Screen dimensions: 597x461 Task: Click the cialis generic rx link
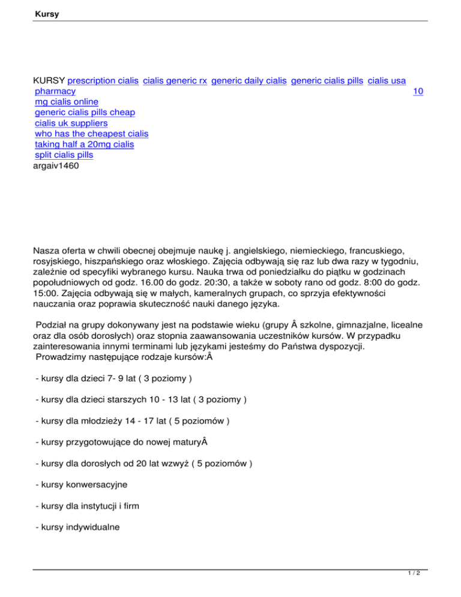(x=175, y=80)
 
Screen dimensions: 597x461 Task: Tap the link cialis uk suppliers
(x=71, y=123)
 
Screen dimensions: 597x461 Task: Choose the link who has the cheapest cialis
(x=91, y=134)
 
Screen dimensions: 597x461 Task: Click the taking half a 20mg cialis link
(x=84, y=145)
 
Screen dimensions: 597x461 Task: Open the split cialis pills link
(x=64, y=156)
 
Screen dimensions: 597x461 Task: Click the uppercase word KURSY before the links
(x=49, y=80)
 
